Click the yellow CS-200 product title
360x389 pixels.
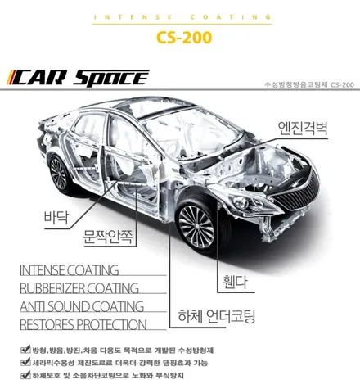point(184,38)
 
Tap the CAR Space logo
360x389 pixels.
point(79,78)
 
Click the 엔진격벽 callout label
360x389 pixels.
point(303,129)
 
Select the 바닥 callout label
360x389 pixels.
point(56,217)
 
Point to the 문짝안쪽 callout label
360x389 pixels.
point(109,237)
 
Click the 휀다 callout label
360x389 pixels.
point(235,282)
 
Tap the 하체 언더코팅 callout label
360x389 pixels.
point(217,316)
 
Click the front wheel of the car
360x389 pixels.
point(197,226)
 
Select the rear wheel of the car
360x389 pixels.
point(59,174)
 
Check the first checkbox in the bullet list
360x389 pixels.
point(25,350)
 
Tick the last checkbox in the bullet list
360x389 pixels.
point(25,375)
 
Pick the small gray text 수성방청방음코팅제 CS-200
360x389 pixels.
point(309,84)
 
